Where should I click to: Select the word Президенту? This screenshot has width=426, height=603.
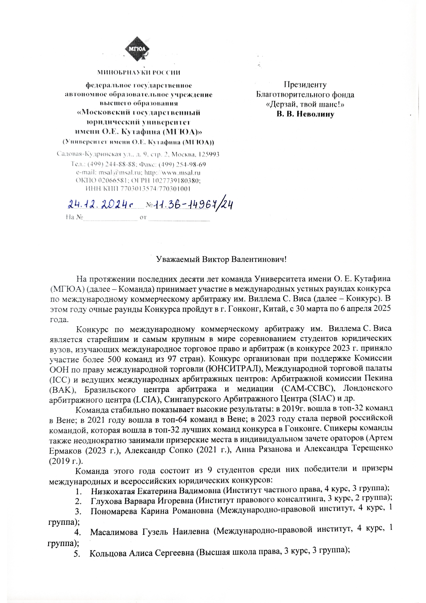pos(305,85)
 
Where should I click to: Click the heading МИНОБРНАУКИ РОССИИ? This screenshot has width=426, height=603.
pos(139,73)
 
